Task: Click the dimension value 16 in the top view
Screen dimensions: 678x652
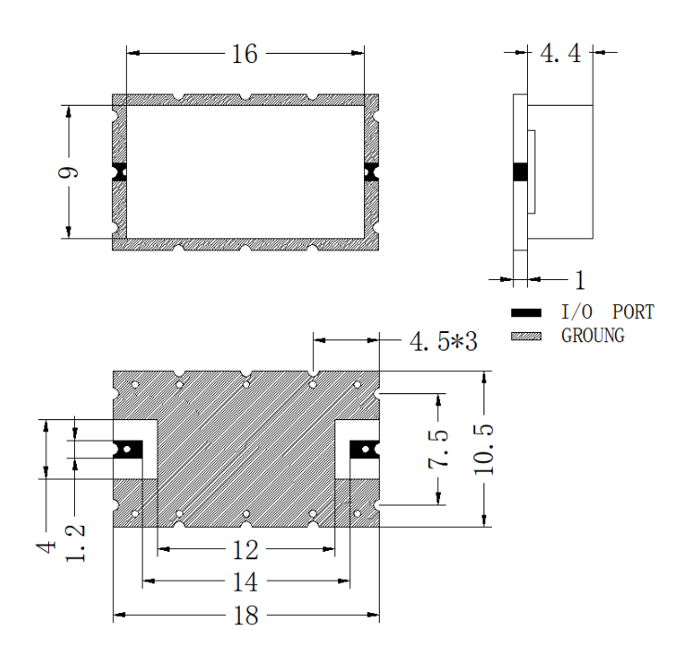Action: coord(245,54)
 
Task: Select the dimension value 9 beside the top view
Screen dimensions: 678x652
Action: coord(69,173)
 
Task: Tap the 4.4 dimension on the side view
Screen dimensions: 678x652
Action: coord(560,54)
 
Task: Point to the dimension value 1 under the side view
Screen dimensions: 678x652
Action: coord(580,280)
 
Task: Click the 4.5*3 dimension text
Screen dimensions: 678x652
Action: coord(444,341)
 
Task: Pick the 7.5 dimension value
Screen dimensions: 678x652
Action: coord(438,450)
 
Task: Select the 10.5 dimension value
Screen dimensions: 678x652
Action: coord(483,449)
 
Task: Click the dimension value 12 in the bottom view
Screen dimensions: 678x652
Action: coord(245,551)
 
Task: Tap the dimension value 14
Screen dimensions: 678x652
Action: coord(245,582)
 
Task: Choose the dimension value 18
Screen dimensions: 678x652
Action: coord(245,616)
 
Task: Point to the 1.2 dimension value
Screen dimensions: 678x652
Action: coord(75,543)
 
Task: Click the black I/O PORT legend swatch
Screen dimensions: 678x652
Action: coord(526,313)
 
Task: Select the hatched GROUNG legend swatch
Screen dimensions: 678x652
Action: coord(526,337)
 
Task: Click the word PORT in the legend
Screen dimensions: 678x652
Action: coord(634,313)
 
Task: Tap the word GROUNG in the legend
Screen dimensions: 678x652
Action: coord(593,336)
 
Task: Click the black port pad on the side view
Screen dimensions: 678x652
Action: coord(521,172)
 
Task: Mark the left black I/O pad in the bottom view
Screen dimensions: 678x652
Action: coord(128,450)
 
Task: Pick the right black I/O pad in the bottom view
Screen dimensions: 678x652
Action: coord(365,450)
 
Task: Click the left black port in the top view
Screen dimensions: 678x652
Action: coord(119,172)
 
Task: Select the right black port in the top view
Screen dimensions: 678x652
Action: coord(371,172)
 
